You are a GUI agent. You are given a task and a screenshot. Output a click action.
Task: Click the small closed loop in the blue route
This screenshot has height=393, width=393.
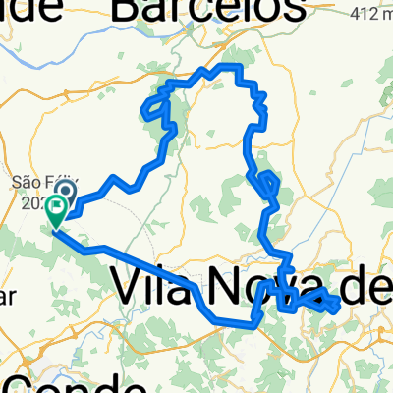click(x=263, y=181)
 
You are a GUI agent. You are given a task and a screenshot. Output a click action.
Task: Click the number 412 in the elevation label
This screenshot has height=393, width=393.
click(x=358, y=15)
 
